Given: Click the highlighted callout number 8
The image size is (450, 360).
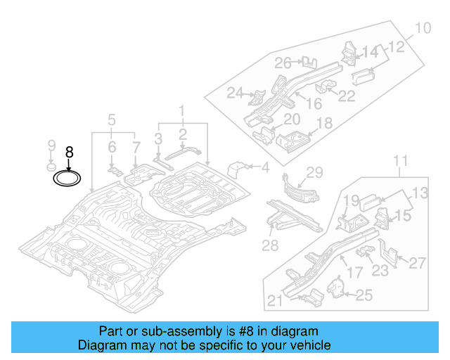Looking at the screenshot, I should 69,152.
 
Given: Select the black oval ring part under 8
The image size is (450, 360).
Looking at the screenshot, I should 68,179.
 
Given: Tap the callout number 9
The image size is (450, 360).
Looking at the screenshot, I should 51,146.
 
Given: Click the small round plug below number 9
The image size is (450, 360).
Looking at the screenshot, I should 51,167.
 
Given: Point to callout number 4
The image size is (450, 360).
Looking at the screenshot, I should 265,167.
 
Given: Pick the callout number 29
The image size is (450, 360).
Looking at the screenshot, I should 314,172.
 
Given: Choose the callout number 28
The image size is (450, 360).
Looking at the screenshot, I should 271,245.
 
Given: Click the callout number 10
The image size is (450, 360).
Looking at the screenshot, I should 422,29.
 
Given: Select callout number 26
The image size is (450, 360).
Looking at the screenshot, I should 283,63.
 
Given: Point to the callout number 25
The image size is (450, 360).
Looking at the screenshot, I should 364,295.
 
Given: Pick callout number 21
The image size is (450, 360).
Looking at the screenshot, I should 275,302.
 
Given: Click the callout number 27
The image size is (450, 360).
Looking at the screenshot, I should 417,263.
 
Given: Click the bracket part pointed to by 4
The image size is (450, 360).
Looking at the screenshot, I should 240,169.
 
